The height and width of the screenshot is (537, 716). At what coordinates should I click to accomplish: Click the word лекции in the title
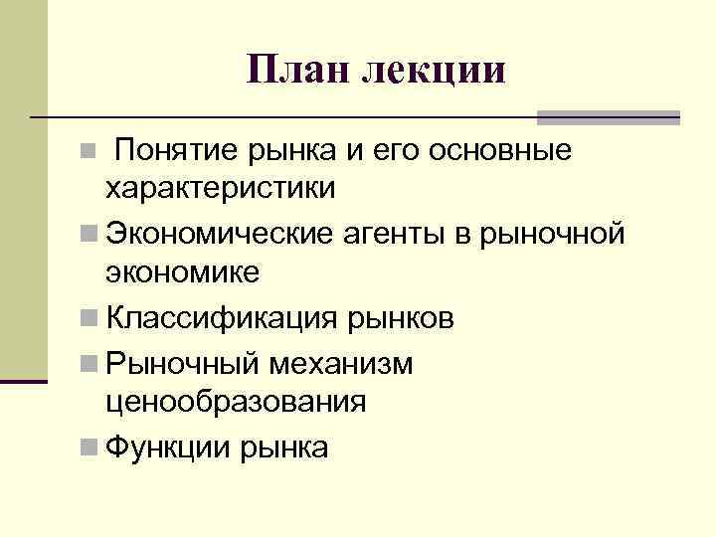pos(434,70)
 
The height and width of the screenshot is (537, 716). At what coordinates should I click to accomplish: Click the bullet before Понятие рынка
pos(89,152)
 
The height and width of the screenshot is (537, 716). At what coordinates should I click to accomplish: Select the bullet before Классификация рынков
pos(89,318)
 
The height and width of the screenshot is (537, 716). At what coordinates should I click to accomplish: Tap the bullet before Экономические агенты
pos(89,235)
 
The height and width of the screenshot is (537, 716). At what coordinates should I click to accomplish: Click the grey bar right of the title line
pos(608,116)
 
